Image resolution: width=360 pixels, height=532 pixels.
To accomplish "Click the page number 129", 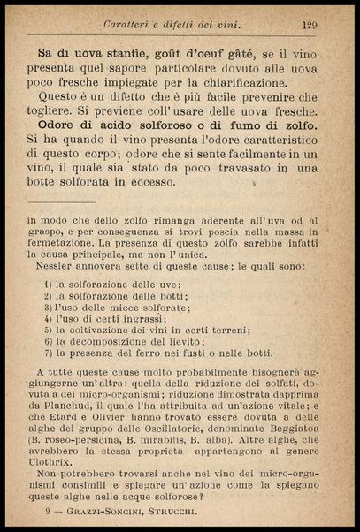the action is pyautogui.click(x=310, y=25).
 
